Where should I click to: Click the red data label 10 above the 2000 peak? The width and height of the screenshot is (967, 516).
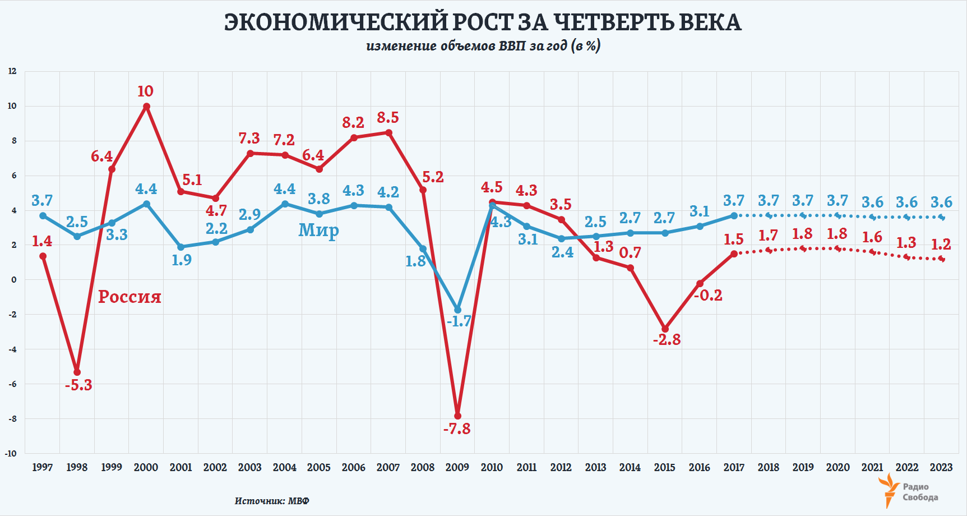[x=145, y=91]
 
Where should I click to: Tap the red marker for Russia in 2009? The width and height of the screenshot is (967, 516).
[x=457, y=416]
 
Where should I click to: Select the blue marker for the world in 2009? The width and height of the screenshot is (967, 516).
[x=458, y=310]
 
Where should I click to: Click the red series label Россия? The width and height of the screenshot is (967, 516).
[x=129, y=297]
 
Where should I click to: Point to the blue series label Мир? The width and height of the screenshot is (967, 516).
[x=318, y=230]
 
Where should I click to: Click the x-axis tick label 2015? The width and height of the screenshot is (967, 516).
[x=664, y=467]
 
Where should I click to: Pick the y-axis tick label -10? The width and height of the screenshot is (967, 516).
[x=11, y=453]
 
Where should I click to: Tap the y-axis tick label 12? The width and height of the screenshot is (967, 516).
[x=12, y=71]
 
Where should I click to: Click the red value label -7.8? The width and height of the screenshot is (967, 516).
[x=457, y=429]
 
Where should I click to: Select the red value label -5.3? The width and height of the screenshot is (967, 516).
[x=78, y=385]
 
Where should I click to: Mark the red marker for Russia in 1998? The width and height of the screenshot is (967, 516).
[x=77, y=372]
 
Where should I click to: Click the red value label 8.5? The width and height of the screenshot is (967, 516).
[x=388, y=118]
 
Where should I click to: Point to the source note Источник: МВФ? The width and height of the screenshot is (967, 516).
[x=272, y=501]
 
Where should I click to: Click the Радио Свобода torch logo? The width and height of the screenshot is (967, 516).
[x=889, y=490]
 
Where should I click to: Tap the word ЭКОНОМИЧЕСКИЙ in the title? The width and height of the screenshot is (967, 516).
[x=336, y=22]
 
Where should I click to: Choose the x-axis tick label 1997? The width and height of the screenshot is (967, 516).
[x=43, y=467]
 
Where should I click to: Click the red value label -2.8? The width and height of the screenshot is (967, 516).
[x=667, y=340]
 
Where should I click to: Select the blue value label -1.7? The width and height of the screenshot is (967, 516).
[x=459, y=321]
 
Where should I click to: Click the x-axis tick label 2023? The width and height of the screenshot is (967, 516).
[x=941, y=467]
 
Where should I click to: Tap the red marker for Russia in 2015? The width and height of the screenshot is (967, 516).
[x=665, y=329]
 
